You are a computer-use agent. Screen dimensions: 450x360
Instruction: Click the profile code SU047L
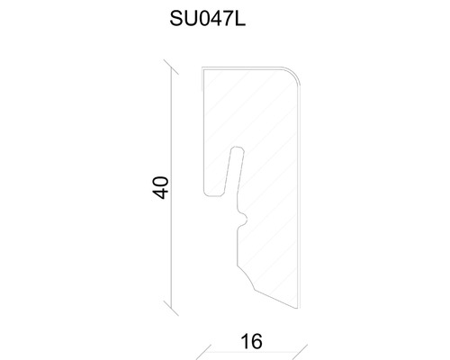208,19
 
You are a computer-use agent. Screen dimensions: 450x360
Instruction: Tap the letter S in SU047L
176,19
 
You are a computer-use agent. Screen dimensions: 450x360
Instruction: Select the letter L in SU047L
240,19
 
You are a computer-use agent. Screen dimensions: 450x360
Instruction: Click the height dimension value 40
161,188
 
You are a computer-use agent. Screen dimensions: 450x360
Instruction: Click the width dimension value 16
252,341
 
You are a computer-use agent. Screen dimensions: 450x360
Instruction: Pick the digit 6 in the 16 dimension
256,341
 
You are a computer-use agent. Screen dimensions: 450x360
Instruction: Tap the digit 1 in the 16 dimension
245,341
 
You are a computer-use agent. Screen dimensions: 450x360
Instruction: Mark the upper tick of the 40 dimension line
171,67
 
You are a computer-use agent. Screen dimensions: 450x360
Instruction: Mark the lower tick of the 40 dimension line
171,308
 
